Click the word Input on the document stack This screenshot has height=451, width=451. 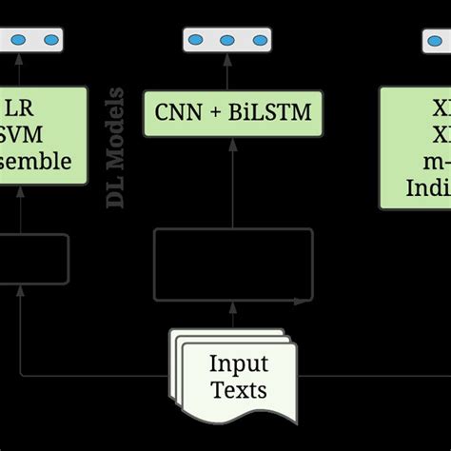pyautogui.click(x=238, y=364)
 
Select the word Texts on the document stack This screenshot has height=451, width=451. pyautogui.click(x=238, y=389)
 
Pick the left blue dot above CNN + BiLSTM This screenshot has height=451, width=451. pyautogui.click(x=196, y=40)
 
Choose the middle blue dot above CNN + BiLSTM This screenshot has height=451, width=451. pyautogui.click(x=226, y=40)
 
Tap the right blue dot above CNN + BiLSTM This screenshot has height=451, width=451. pyautogui.click(x=257, y=40)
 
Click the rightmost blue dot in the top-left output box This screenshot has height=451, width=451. pyautogui.click(x=49, y=40)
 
